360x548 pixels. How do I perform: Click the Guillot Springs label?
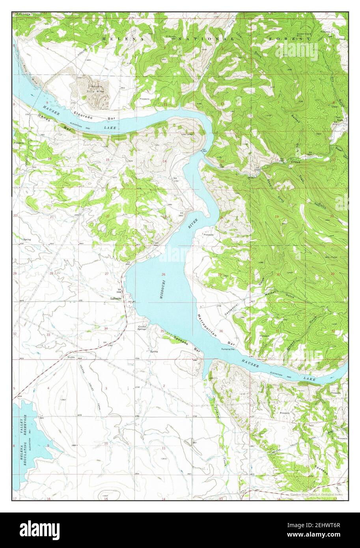pos(142,328)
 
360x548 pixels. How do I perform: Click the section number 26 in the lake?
pos(163,274)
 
